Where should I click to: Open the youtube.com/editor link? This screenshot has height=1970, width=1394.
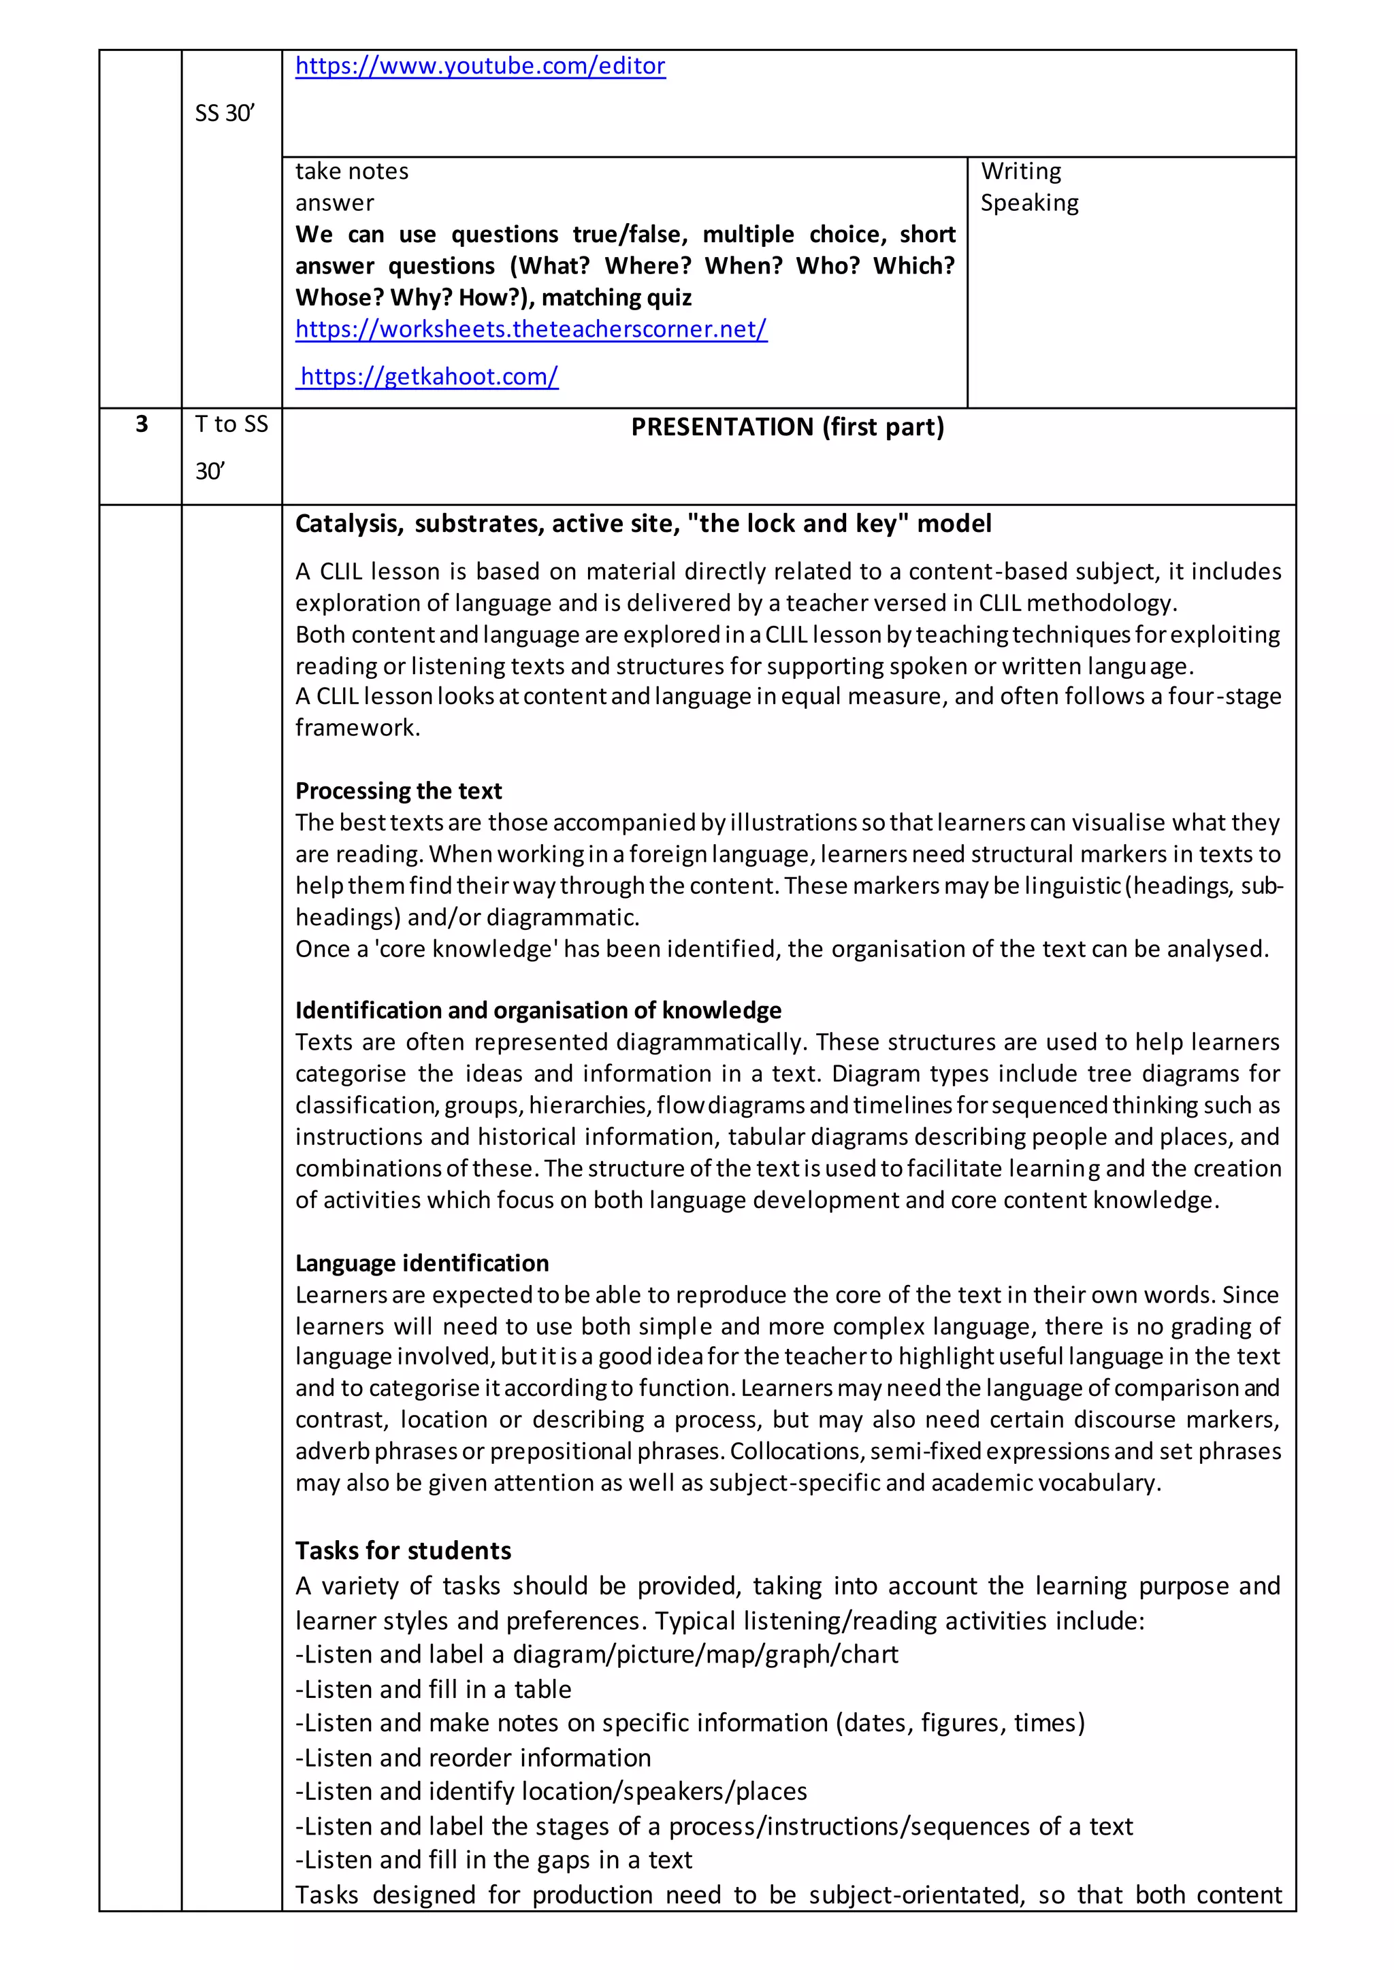click(480, 66)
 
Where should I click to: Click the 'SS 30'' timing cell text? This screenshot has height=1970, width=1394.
click(224, 113)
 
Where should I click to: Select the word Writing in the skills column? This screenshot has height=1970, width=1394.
click(1020, 171)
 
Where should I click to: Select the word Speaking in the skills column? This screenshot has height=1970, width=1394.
click(1029, 203)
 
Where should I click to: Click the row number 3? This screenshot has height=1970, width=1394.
click(142, 424)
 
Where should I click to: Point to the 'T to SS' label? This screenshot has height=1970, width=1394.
click(231, 424)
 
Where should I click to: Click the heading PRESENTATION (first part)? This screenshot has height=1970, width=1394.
click(787, 427)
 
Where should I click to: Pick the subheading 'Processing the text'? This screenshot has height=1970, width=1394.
click(398, 790)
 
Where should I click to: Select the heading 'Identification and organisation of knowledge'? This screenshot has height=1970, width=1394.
click(538, 1010)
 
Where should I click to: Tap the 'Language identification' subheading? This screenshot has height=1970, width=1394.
click(421, 1263)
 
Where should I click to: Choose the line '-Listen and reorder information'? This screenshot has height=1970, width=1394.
click(473, 1757)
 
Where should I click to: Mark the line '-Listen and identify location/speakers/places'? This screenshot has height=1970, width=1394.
click(551, 1792)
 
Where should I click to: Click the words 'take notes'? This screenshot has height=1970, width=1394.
click(352, 171)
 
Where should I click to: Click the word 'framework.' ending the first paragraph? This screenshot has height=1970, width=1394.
click(357, 728)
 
